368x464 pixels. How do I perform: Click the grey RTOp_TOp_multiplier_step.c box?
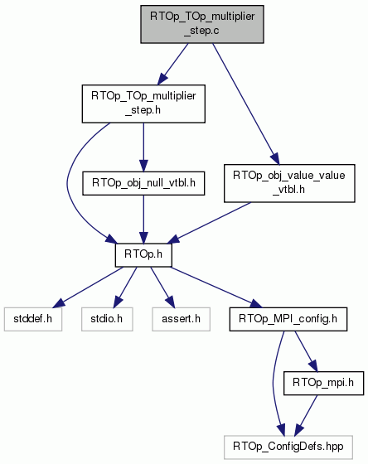pyautogui.click(x=202, y=24)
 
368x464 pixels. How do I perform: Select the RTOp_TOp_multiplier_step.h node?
pyautogui.click(x=143, y=104)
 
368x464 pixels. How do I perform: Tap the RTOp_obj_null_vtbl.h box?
pyautogui.click(x=143, y=183)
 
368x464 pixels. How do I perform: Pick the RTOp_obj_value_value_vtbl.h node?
pyautogui.click(x=289, y=183)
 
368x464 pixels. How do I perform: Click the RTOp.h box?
pyautogui.click(x=143, y=255)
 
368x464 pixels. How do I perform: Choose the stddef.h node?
pyautogui.click(x=33, y=319)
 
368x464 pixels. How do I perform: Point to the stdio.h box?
pyautogui.click(x=107, y=319)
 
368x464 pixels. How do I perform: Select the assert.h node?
pyautogui.click(x=182, y=319)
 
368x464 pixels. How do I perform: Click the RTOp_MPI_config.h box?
pyautogui.click(x=288, y=319)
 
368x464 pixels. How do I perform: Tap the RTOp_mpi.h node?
pyautogui.click(x=323, y=383)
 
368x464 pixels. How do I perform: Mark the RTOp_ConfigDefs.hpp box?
pyautogui.click(x=288, y=447)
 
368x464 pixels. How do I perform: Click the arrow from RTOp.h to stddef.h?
pyautogui.click(x=89, y=287)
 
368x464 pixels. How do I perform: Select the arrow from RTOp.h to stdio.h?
pyautogui.click(x=125, y=287)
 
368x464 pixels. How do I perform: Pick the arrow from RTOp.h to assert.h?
pyautogui.click(x=162, y=287)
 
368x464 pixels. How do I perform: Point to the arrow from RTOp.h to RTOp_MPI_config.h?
pyautogui.click(x=216, y=288)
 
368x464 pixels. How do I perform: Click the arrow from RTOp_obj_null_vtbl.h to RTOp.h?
pyautogui.click(x=143, y=220)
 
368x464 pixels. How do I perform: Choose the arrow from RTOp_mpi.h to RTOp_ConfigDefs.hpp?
pyautogui.click(x=306, y=415)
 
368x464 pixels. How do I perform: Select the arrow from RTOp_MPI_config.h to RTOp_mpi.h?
pyautogui.click(x=306, y=351)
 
